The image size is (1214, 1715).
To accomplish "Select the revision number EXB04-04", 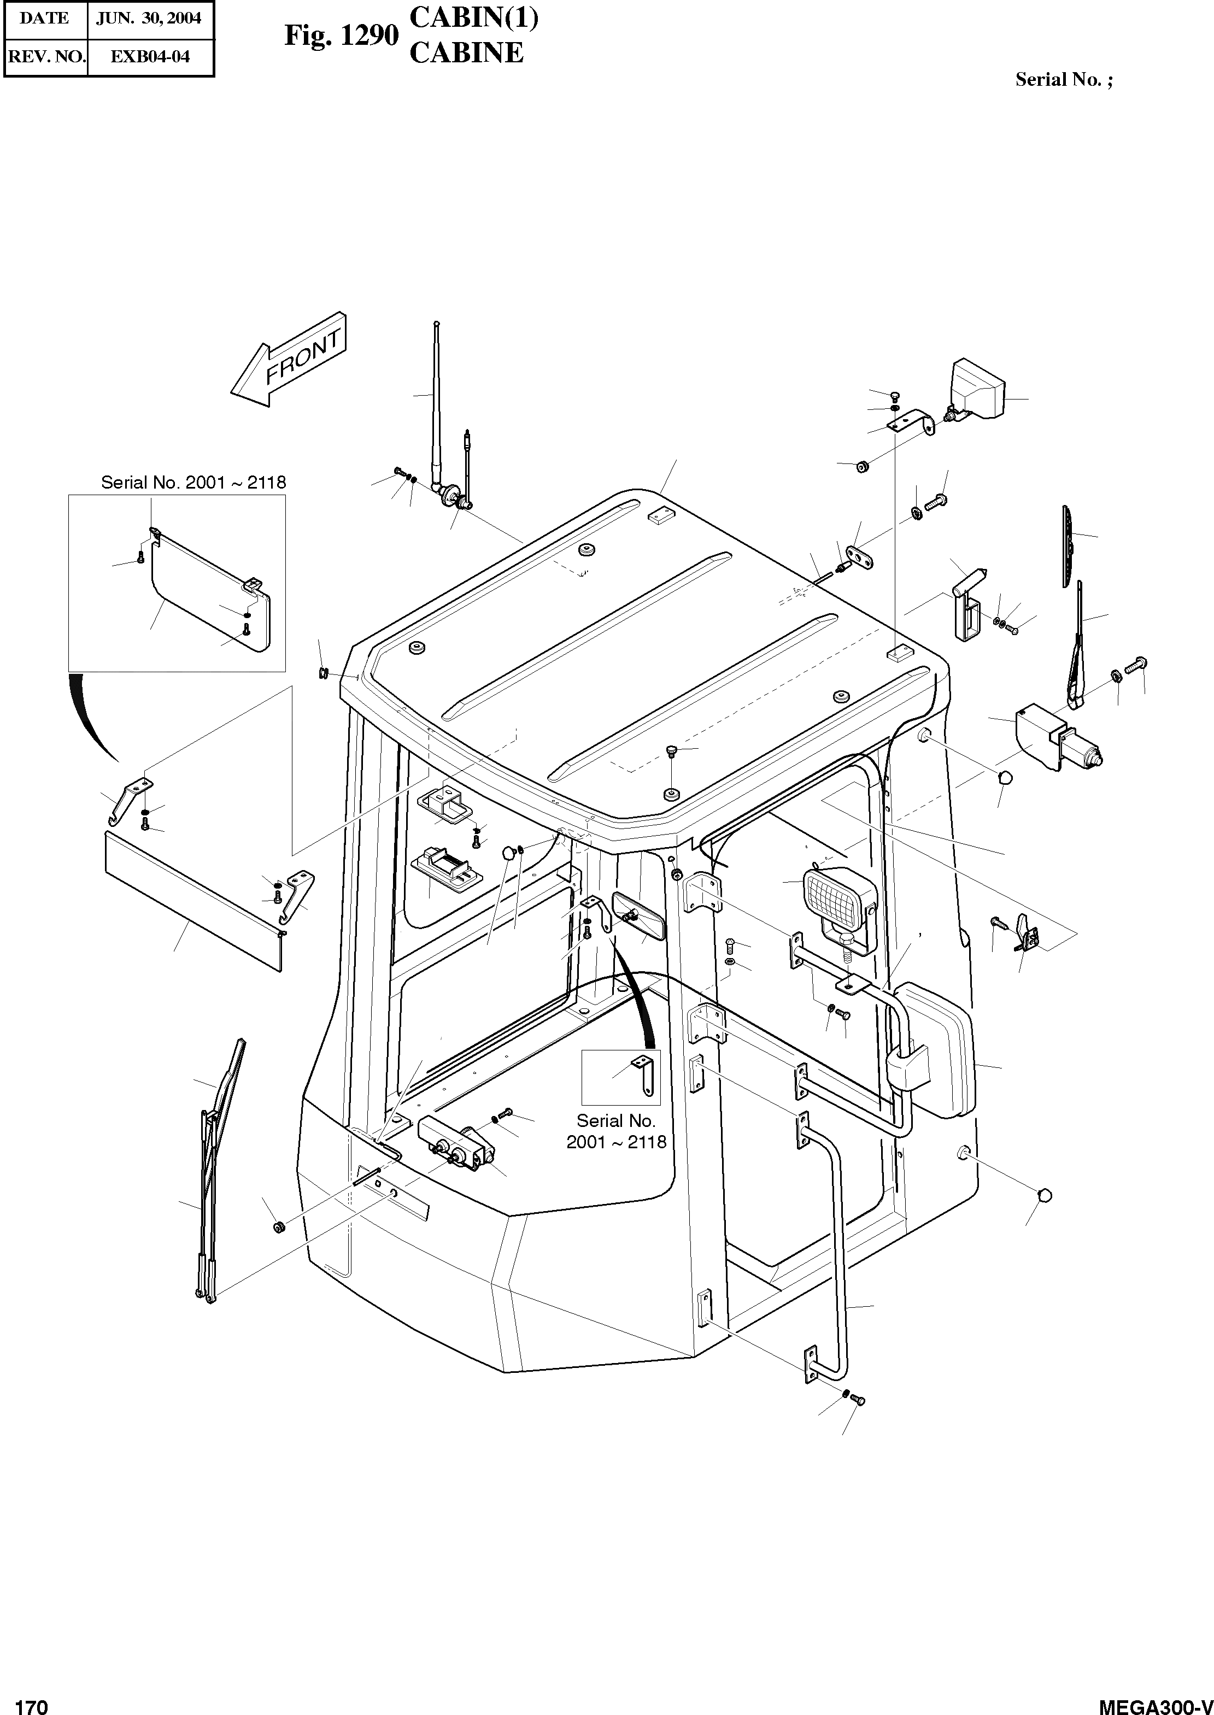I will click(150, 57).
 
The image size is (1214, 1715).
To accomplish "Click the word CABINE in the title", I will click(466, 53).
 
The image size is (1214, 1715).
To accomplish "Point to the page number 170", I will click(31, 1703).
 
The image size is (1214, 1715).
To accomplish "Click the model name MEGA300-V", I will click(1154, 1703).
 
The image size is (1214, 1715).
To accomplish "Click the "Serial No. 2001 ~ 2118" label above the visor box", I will click(193, 483).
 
